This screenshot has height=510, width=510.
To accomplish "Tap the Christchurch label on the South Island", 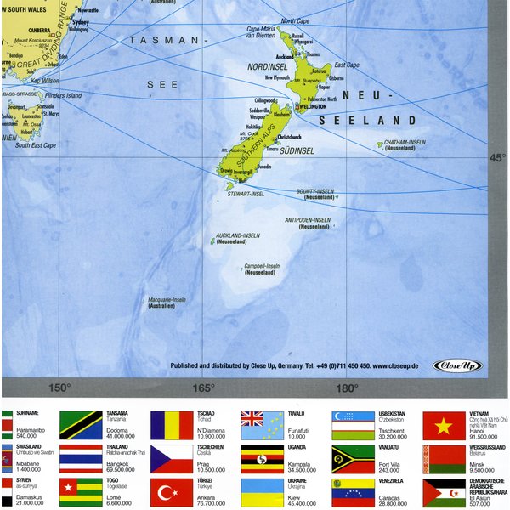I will click(x=289, y=136).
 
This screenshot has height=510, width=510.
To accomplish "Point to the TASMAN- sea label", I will click(x=168, y=41).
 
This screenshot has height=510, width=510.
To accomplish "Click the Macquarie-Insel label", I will click(x=167, y=300).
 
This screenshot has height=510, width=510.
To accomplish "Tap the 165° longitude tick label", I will click(x=202, y=388).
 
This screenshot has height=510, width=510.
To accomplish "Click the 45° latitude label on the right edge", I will click(x=496, y=157).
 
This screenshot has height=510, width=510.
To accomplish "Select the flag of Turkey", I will click(x=171, y=492).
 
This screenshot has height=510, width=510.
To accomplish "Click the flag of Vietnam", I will click(x=444, y=426).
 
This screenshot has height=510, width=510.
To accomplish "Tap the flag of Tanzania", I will click(x=80, y=426).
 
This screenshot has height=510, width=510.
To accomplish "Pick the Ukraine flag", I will click(x=262, y=492).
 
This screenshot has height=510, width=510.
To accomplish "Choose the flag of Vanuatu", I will click(x=353, y=459).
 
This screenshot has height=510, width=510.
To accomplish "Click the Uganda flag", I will click(x=262, y=459).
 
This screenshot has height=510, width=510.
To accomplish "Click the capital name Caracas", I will click(x=393, y=497).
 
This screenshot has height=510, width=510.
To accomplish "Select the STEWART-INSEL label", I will click(x=246, y=194).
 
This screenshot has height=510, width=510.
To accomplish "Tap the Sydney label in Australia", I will click(x=81, y=21).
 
